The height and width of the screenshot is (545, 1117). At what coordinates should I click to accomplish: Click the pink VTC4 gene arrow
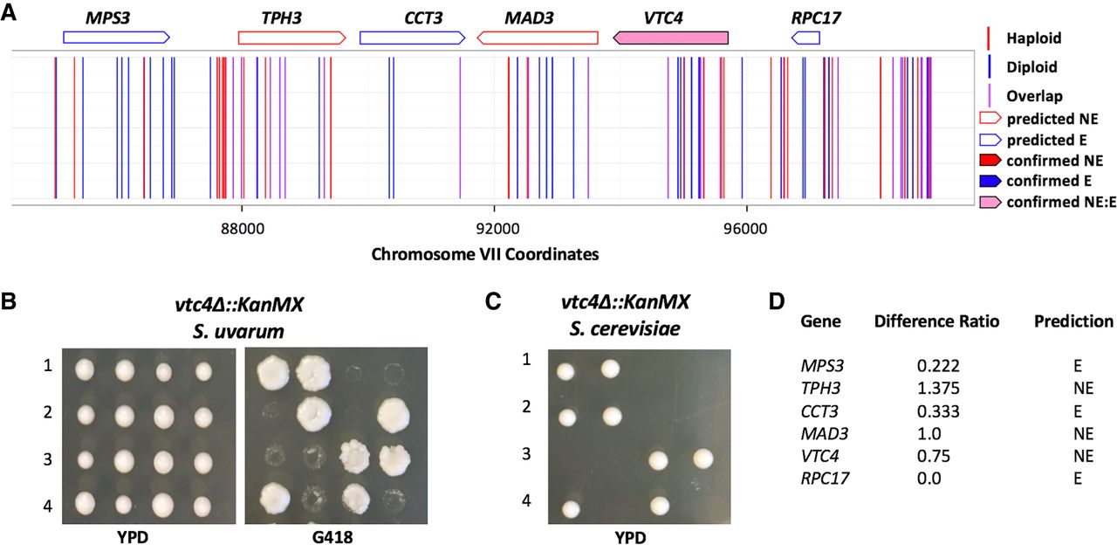(671, 38)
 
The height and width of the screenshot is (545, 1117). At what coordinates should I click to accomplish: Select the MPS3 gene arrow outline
(115, 38)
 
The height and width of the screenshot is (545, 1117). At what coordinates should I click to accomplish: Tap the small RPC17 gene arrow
(805, 38)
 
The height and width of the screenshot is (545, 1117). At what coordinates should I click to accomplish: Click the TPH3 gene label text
(282, 17)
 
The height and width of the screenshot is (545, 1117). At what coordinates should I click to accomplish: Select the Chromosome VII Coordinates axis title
(484, 255)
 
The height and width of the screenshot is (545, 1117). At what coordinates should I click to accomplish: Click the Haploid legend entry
(1031, 38)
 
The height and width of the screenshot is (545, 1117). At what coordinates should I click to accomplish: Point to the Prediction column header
(1073, 321)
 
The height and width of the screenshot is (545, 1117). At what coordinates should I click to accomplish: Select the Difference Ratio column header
(936, 321)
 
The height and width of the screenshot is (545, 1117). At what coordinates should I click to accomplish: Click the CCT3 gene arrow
(412, 38)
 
